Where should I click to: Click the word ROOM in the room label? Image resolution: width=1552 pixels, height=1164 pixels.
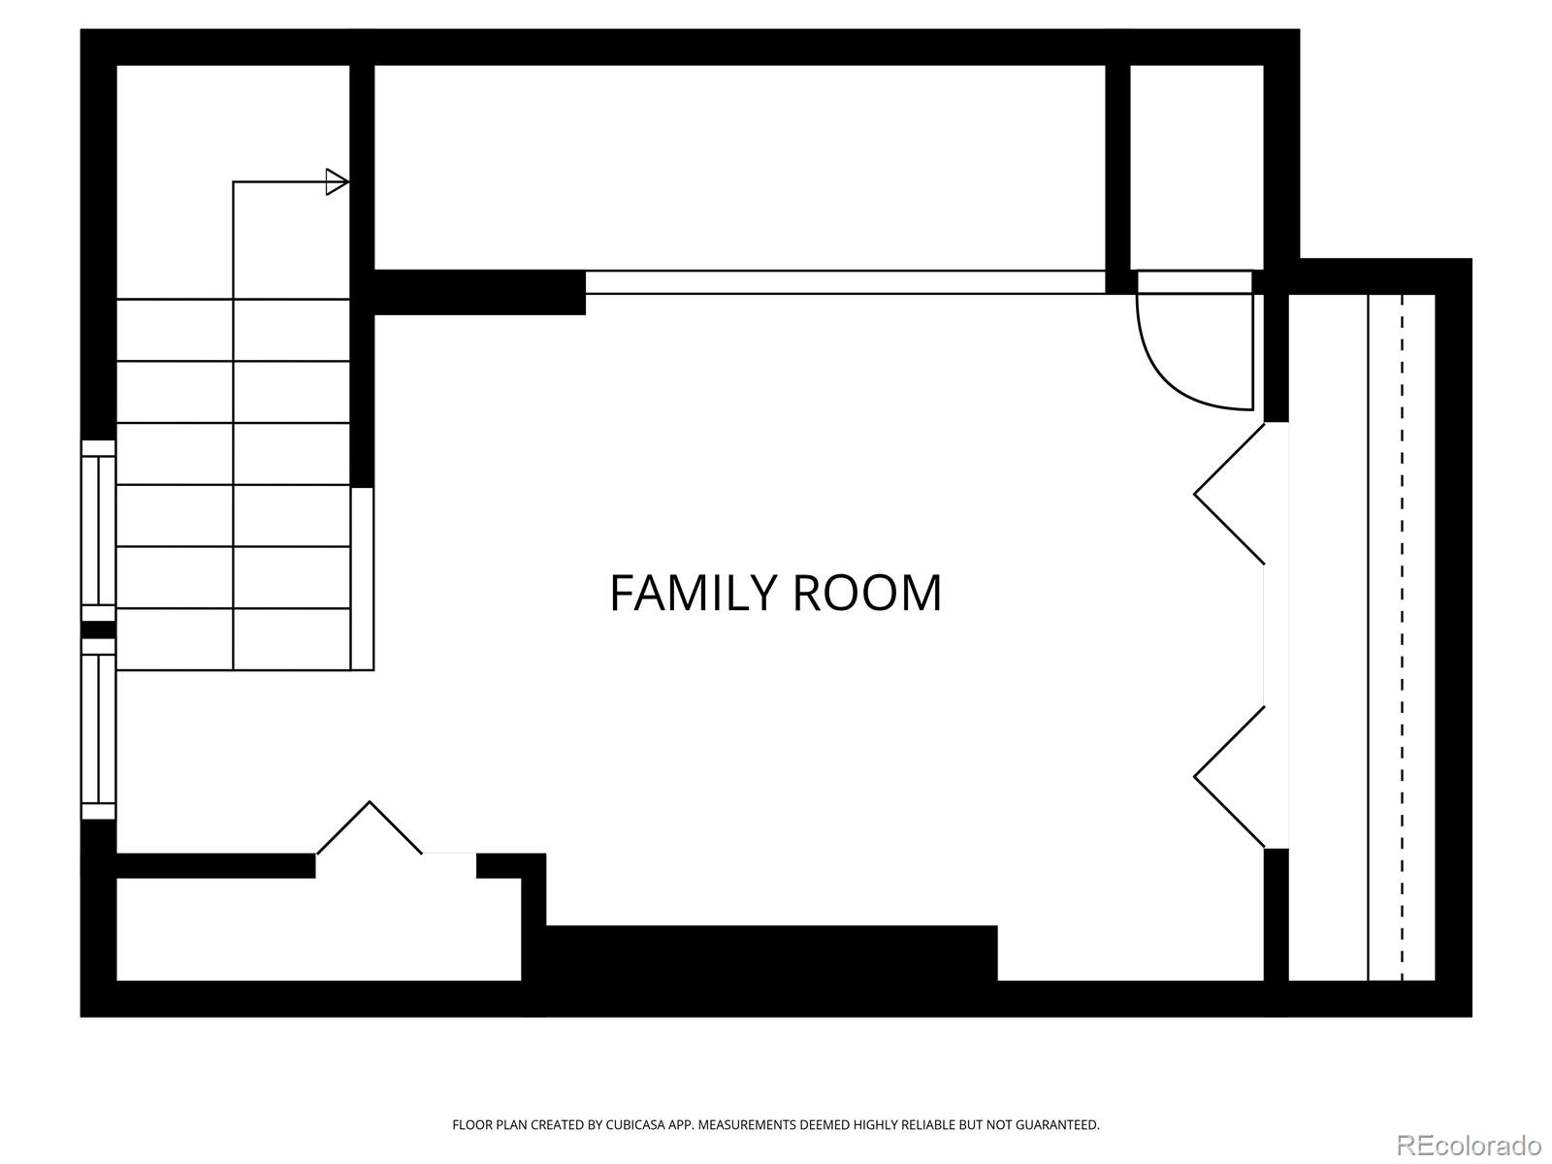pos(867,593)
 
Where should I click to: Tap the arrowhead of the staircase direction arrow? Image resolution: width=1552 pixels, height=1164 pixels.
pos(337,181)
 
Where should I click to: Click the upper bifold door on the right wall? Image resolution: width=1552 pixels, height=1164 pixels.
pos(1229,494)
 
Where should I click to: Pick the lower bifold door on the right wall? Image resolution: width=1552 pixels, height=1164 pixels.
pos(1229,777)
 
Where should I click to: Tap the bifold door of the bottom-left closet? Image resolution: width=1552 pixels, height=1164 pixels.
pos(370,827)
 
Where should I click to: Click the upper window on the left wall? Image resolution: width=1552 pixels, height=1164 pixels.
pos(98,530)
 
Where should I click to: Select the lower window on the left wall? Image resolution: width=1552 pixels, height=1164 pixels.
pos(98,728)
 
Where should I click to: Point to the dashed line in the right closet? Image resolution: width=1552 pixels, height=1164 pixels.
pos(1402,637)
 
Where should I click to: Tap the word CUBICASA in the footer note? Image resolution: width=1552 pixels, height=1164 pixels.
pos(635,1124)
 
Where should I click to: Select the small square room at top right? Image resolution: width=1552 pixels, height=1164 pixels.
pos(1197,167)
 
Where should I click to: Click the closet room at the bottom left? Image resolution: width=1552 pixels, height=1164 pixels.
pos(318,929)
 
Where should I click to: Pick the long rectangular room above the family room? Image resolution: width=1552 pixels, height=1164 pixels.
pos(739,167)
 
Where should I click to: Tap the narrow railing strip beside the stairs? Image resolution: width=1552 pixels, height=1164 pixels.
pos(362,578)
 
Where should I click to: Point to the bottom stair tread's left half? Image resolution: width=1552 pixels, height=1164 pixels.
pos(175,639)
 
